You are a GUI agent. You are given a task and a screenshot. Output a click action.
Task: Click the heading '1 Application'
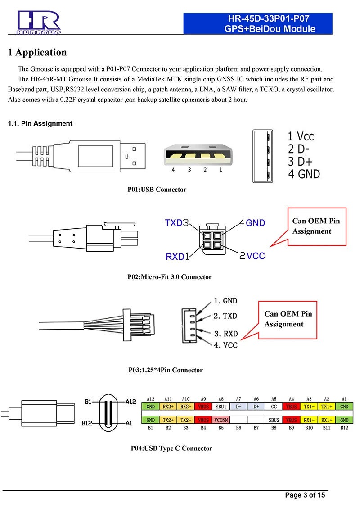(38, 52)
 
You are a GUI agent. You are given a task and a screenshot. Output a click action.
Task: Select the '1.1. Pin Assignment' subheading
(40, 123)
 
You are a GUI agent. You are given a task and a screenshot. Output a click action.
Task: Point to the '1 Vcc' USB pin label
(301, 136)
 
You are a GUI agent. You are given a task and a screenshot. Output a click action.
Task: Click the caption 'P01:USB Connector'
(157, 190)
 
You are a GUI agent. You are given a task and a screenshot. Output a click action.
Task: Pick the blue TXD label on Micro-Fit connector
(174, 223)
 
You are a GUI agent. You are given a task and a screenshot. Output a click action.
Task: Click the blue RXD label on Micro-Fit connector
(175, 257)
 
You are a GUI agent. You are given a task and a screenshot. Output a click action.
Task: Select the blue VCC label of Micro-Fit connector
(256, 256)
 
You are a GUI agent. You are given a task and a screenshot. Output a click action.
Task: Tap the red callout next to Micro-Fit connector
(317, 226)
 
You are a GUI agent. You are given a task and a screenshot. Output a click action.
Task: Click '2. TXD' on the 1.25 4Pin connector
(225, 316)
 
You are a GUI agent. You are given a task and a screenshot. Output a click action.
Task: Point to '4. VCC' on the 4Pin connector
(225, 345)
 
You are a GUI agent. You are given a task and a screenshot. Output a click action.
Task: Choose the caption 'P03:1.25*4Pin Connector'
(166, 370)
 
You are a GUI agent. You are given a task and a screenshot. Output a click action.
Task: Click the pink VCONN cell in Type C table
(221, 420)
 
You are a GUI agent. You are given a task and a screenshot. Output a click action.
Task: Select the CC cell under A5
(274, 406)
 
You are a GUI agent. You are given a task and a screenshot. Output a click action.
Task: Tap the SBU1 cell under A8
(221, 406)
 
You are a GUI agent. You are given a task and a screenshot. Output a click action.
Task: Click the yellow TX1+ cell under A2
(327, 406)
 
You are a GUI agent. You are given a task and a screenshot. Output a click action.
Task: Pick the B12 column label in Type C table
(344, 427)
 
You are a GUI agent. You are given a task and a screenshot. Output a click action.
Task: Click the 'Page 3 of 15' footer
(305, 495)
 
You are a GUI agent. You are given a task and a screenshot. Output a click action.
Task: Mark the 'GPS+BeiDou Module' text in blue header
(270, 29)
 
